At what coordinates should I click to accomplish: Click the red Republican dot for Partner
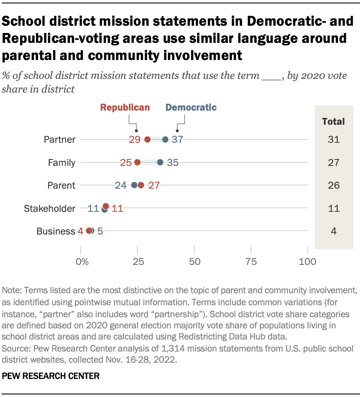[x=147, y=139]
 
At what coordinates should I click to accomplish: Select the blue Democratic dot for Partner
[x=165, y=139]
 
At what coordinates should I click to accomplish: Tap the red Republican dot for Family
[x=138, y=162]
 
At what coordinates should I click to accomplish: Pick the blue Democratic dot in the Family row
[x=160, y=162]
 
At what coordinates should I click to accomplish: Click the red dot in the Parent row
[x=141, y=185]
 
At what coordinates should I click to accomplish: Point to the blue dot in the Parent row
[x=134, y=185]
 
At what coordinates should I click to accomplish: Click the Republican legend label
[x=125, y=108]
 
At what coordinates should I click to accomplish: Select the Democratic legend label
[x=191, y=108]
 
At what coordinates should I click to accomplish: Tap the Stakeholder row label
[x=50, y=208]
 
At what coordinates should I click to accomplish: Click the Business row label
[x=56, y=232]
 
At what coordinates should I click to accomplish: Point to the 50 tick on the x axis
[x=194, y=261]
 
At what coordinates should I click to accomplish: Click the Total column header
[x=333, y=121]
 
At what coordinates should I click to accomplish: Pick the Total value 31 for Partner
[x=333, y=139]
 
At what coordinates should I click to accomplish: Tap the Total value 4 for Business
[x=333, y=232]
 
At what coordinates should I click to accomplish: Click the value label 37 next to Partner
[x=177, y=139]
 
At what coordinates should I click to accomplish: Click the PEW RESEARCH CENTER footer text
[x=51, y=376]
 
